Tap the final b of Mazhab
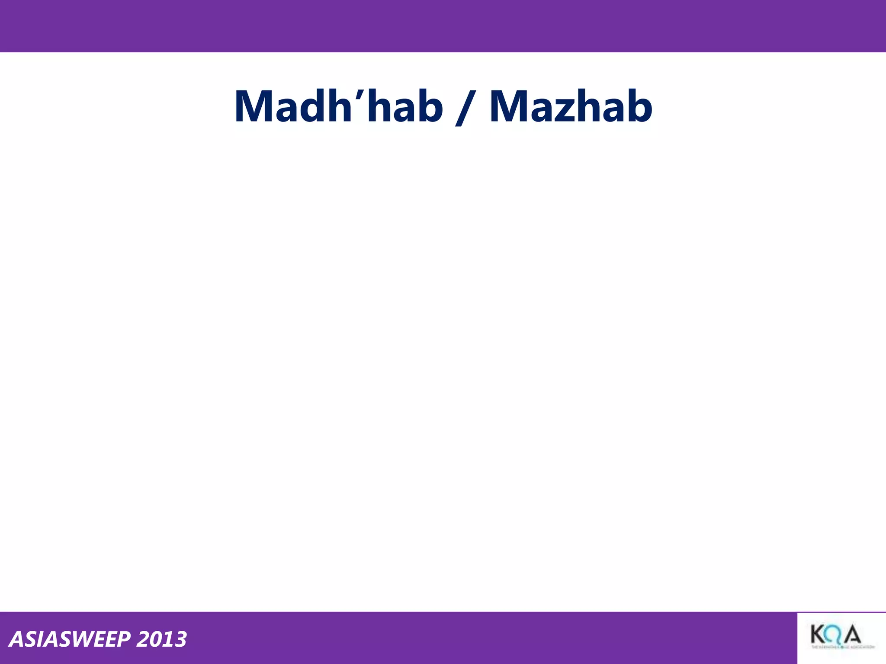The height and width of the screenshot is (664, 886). coord(638,106)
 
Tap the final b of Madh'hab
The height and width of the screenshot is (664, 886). coord(428,106)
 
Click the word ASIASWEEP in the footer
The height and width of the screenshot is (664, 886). coord(69,639)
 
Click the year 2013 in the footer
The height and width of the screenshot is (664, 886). coord(161,639)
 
